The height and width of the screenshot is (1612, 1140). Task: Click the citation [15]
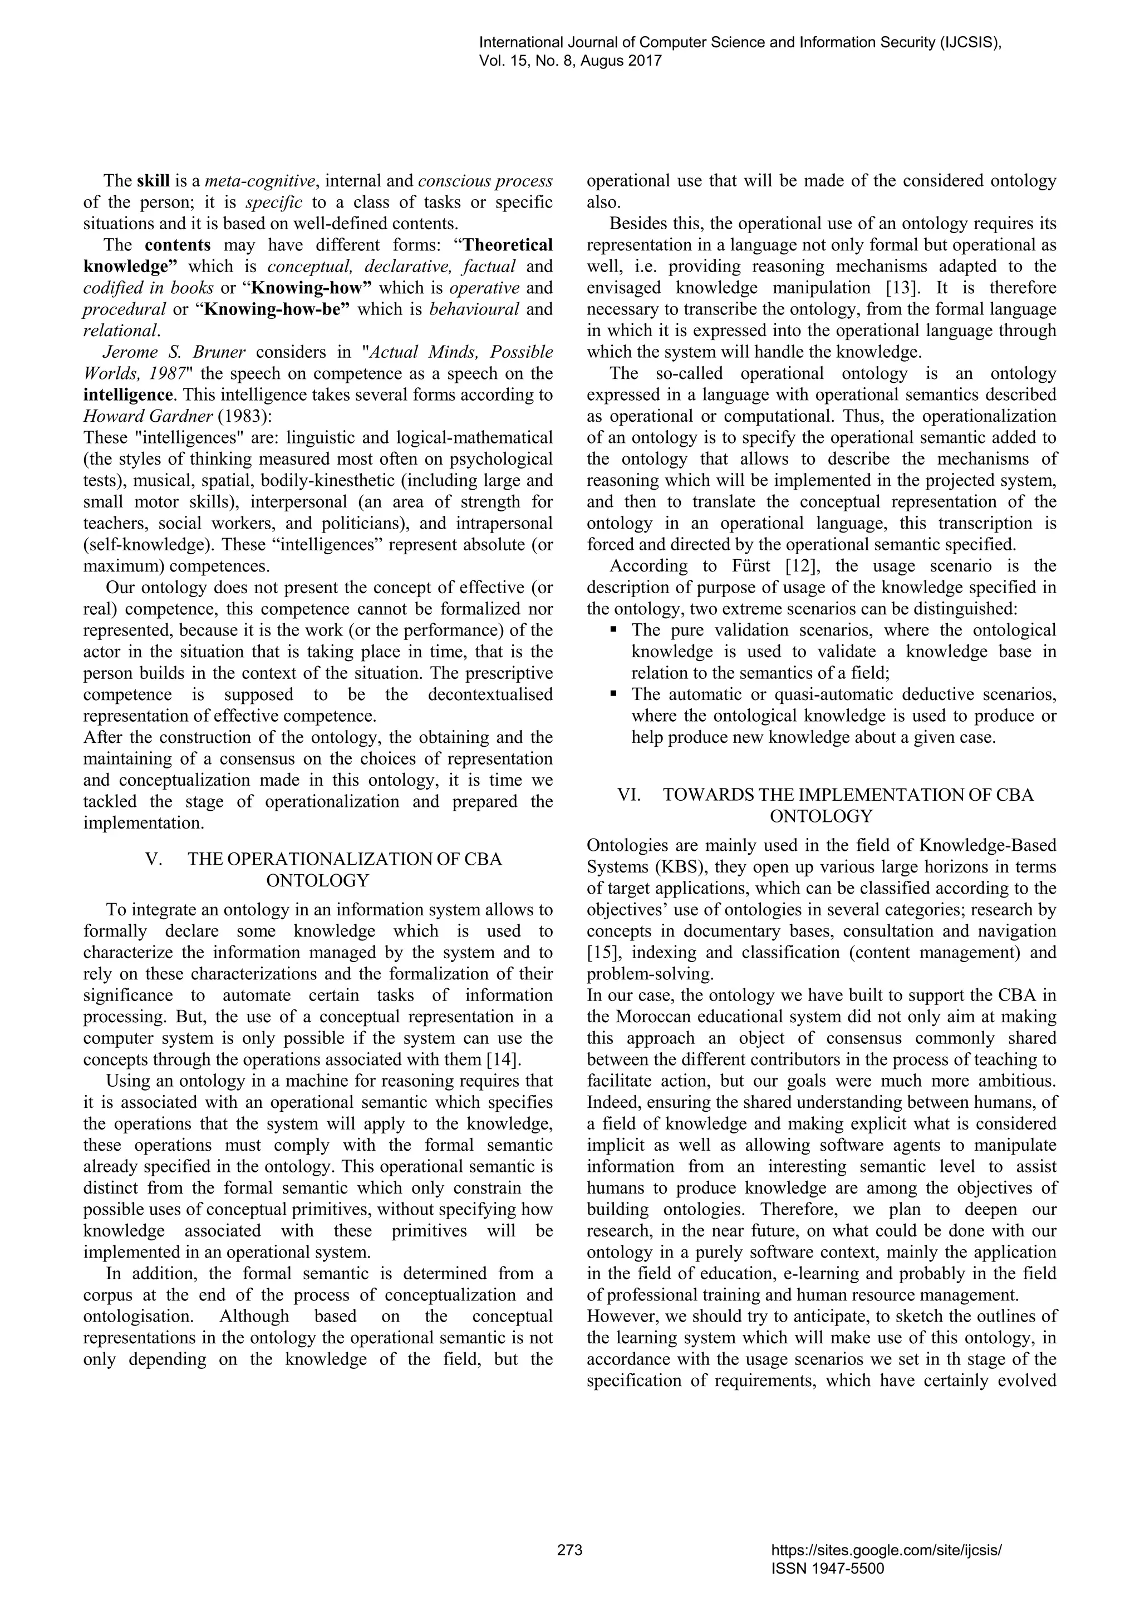coord(601,953)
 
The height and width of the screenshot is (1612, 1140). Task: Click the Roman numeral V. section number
coord(154,859)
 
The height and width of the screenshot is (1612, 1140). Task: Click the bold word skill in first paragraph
coord(153,181)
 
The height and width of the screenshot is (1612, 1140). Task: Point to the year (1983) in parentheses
coord(244,416)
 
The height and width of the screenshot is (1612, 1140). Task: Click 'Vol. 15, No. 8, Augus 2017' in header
coord(571,61)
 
